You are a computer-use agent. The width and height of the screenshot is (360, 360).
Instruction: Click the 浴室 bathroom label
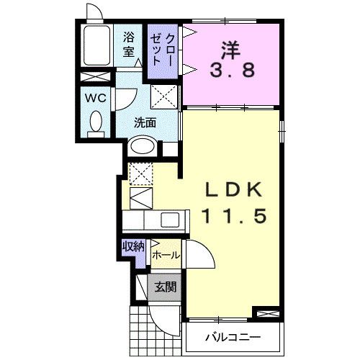pyautogui.click(x=129, y=44)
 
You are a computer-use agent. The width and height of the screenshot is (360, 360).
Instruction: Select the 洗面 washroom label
pyautogui.click(x=145, y=122)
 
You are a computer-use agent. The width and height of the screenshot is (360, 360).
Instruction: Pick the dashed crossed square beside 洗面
pyautogui.click(x=163, y=96)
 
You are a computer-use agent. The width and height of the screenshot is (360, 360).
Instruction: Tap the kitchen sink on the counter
pyautogui.click(x=171, y=220)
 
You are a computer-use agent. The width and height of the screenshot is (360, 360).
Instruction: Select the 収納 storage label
pyautogui.click(x=132, y=246)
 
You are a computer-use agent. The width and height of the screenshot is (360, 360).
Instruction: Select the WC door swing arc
pyautogui.click(x=124, y=99)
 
